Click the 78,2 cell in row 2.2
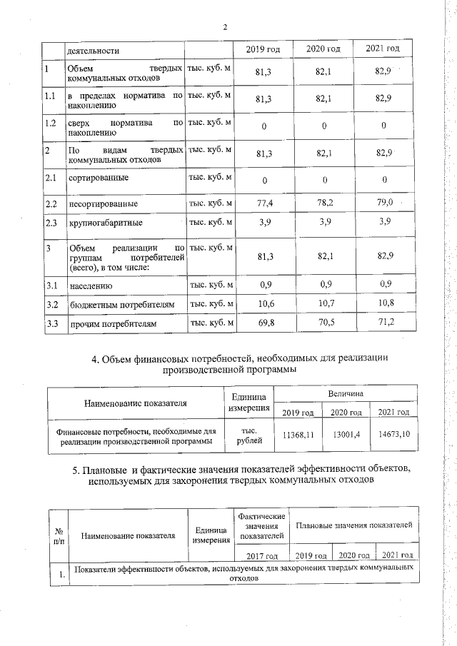[323, 203]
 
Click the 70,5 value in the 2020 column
[323, 324]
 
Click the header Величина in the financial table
[346, 394]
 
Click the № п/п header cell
[59, 537]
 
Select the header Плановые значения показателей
[354, 525]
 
